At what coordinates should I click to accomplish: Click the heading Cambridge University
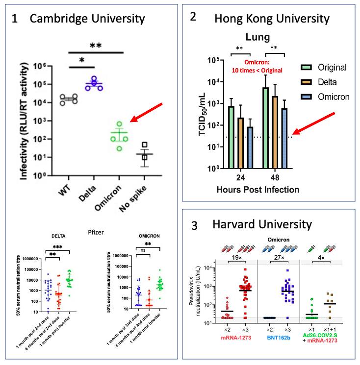pos(87,19)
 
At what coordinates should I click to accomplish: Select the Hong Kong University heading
pos(272,19)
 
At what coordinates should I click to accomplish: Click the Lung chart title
pos(259,37)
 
